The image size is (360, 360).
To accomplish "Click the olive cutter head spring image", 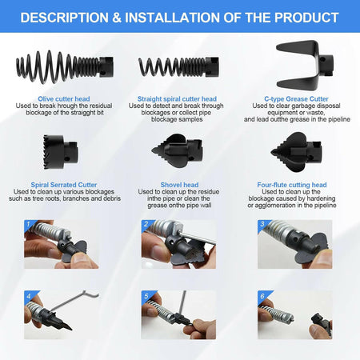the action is click(65, 67).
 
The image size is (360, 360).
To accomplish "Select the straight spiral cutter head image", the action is click(178, 67).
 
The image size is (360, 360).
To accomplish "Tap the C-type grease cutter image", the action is click(305, 66).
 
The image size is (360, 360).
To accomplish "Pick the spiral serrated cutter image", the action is click(60, 152).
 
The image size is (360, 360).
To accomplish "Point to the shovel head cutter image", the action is click(177, 151).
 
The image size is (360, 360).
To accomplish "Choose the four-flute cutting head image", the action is click(296, 152).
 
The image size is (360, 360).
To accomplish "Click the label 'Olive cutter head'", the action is click(64, 99).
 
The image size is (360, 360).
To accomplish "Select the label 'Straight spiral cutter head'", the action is click(177, 99).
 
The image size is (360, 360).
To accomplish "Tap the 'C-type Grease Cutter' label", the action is click(296, 99).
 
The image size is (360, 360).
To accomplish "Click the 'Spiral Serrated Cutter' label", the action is click(64, 185).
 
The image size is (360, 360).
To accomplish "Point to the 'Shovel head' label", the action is click(179, 185).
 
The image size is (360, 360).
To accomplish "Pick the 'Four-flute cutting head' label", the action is click(292, 185).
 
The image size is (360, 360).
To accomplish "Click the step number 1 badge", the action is click(29, 224).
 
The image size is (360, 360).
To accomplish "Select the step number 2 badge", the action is click(146, 224).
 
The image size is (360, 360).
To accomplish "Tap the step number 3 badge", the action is click(262, 224).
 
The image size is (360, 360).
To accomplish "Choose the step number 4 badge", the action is click(29, 296).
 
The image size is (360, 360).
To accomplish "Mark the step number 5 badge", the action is click(146, 296).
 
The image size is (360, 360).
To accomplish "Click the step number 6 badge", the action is click(262, 296).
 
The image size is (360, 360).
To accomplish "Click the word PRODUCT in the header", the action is click(306, 18).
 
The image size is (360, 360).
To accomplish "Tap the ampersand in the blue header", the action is click(117, 18).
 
